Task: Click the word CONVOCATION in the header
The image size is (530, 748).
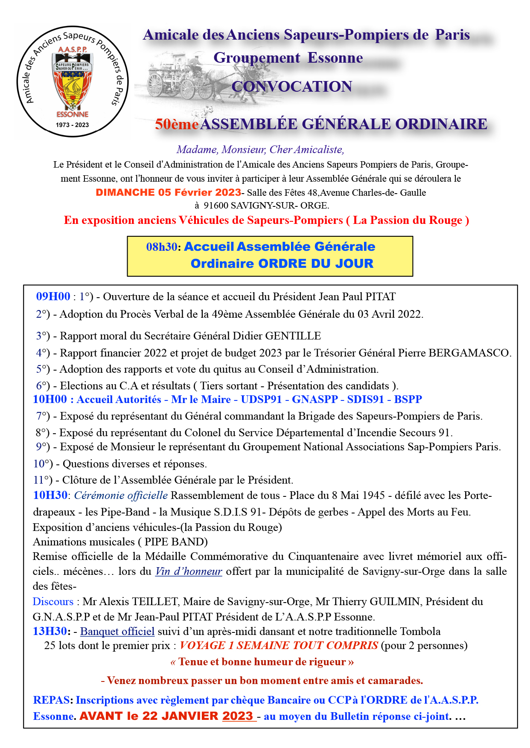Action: pos(291,87)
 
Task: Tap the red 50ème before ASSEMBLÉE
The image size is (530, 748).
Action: pos(177,124)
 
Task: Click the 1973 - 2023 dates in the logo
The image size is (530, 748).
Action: pos(72,125)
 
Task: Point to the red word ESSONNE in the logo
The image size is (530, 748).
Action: pos(73,114)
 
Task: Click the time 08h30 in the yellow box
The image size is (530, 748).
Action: pos(162,247)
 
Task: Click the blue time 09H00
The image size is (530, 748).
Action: pos(53,297)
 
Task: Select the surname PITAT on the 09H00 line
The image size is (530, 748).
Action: pos(381,297)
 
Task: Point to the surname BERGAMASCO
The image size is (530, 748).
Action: pos(469,353)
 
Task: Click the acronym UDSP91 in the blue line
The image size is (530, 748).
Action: pos(261,400)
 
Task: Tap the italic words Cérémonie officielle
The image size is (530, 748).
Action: pos(121,496)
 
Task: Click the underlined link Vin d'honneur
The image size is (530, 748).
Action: pos(189,571)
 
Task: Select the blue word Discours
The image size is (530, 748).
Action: pos(53,602)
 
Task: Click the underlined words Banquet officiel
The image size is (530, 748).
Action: pos(117,632)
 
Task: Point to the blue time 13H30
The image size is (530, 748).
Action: pos(50,632)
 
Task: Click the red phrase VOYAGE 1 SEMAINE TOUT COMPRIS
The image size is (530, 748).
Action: pos(279,646)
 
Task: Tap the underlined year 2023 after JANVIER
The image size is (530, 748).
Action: pos(238,716)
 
